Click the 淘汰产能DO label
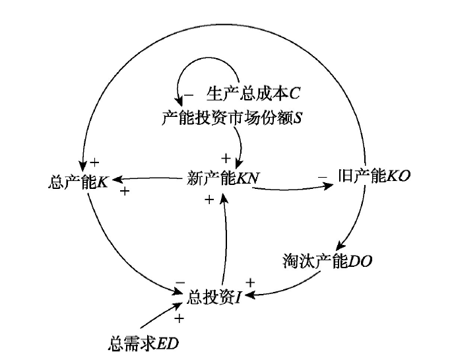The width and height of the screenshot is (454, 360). (x=327, y=260)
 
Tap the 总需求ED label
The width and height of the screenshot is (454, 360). (x=143, y=343)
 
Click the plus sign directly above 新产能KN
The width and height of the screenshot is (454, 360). (x=225, y=158)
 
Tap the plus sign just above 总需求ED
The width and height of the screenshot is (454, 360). (x=178, y=319)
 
